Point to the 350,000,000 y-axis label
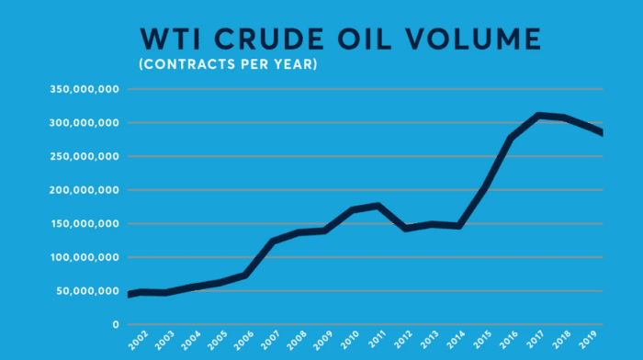coord(85,89)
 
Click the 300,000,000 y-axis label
coord(85,123)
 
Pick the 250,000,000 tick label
coord(85,156)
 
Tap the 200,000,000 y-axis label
coord(85,190)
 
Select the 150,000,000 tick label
coord(85,224)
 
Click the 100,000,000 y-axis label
coord(85,257)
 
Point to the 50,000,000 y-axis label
coord(88,291)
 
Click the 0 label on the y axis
coord(117,324)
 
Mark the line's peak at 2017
coord(538,116)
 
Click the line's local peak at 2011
coord(378,206)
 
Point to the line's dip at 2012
coord(405,228)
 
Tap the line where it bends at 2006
coord(245,275)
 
